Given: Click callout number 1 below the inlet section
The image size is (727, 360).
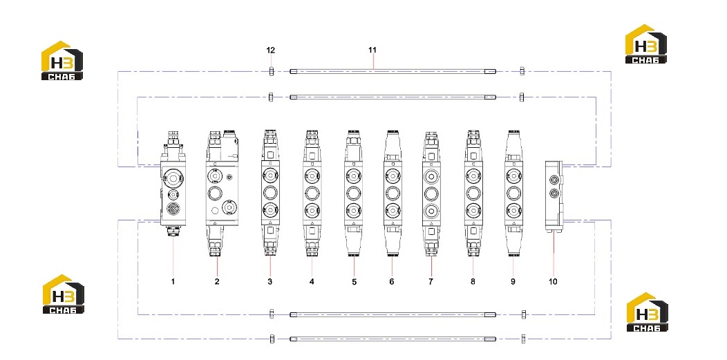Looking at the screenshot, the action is click(173, 281).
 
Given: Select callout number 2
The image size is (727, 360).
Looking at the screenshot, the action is click(217, 281).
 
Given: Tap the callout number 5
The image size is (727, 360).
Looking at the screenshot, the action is click(355, 281).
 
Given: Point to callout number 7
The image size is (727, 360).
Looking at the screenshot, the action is click(431, 281).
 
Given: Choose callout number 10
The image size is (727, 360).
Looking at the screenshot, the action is click(553, 281).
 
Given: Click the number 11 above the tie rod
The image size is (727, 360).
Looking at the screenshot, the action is click(372, 50).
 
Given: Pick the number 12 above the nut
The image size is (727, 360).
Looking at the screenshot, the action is click(271, 50).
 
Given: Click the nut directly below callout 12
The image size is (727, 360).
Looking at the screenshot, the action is click(271, 71).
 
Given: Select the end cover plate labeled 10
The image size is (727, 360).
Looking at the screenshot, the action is click(554, 196).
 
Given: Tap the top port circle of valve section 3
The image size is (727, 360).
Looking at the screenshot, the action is click(270, 175).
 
